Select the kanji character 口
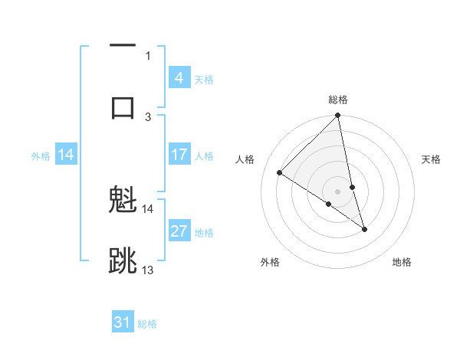tap(123, 106)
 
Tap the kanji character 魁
tap(123, 201)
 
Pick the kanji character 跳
tap(123, 260)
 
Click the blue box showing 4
tap(179, 78)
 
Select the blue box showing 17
tap(179, 155)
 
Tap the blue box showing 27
tap(179, 231)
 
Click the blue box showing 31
tap(123, 322)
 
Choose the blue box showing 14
tap(66, 155)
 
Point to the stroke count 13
tap(148, 270)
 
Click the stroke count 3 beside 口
tap(148, 116)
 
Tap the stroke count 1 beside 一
tap(148, 55)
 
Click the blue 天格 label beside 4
tap(203, 79)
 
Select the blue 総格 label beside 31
tap(147, 323)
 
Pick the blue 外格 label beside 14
tap(41, 155)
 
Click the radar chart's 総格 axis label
tap(338, 100)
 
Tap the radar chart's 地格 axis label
tap(402, 262)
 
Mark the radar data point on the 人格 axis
tap(280, 173)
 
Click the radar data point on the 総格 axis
tap(338, 116)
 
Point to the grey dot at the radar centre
tap(338, 191)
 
